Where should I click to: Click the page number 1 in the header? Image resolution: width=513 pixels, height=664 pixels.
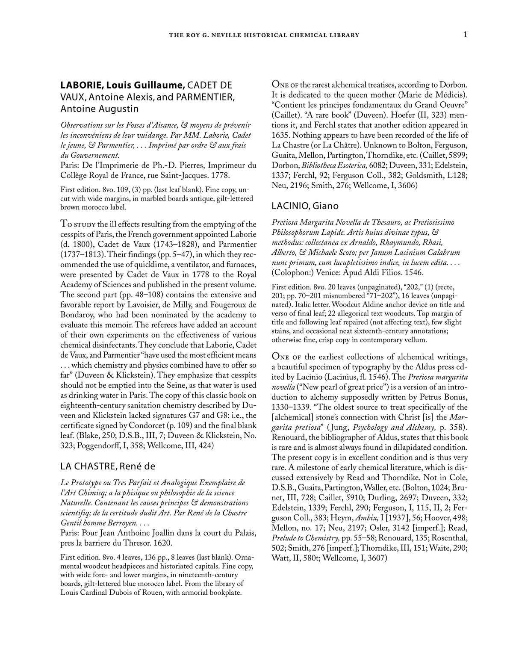point(465,35)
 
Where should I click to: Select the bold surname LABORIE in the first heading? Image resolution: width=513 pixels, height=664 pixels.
point(80,86)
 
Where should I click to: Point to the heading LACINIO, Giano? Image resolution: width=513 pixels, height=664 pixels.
point(305,206)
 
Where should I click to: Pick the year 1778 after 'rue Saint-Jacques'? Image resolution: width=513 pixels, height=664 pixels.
point(221,175)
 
